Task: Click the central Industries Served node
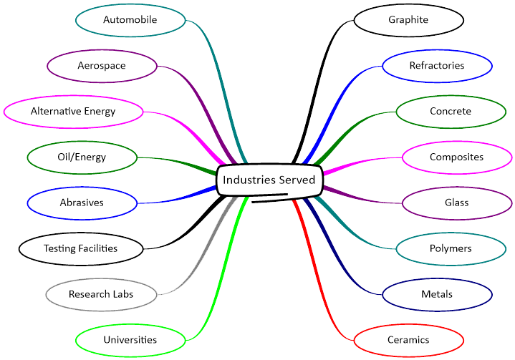coord(269,180)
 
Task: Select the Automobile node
coord(130,19)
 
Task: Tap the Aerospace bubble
coord(102,66)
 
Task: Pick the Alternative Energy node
coord(73,111)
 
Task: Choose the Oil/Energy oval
coord(82,157)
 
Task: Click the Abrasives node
coord(82,203)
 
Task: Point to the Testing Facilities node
coord(80,248)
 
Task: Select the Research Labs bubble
coord(101,294)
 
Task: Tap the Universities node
coord(130,339)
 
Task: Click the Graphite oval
coord(408,19)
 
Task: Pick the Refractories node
coord(437,66)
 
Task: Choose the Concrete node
coord(451,111)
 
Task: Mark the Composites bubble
coord(457,157)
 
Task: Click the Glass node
coord(457,203)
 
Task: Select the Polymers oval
coord(451,248)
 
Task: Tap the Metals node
coord(437,294)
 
